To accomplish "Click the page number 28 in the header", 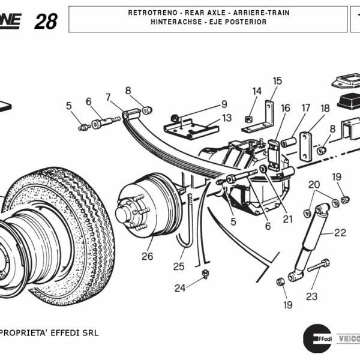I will [46, 21].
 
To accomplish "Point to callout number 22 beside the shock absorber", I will [340, 233].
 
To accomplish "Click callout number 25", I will [179, 266].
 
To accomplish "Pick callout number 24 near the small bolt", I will [180, 288].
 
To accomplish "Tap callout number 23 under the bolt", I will [311, 296].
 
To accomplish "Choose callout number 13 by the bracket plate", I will [226, 118].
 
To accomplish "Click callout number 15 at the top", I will [277, 81].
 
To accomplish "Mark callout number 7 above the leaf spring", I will [108, 97].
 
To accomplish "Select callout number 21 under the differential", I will [288, 219].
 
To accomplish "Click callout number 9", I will [224, 104].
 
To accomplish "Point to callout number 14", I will [257, 91].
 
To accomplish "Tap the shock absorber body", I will [311, 243].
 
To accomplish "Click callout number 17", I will [306, 109].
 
